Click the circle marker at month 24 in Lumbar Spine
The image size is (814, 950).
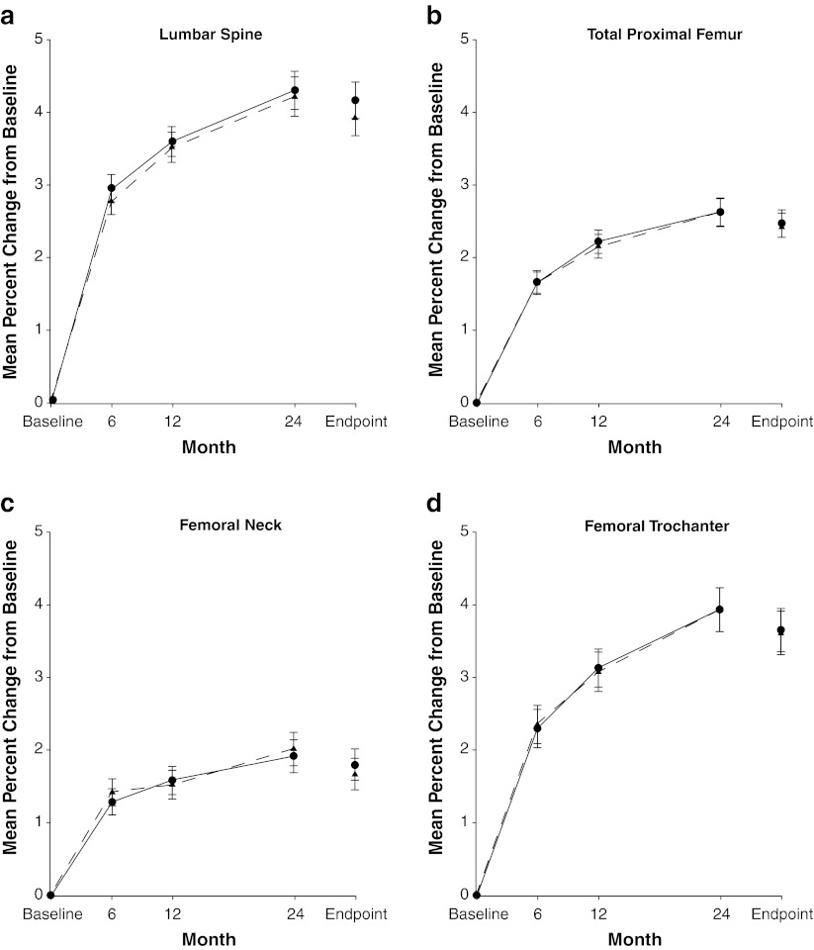click(295, 90)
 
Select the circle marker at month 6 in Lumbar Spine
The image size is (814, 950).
click(112, 188)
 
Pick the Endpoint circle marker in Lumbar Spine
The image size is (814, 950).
click(355, 100)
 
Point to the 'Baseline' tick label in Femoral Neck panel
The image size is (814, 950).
click(50, 911)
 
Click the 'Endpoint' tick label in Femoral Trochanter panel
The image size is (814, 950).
click(781, 911)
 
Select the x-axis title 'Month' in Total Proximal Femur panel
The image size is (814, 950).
click(634, 447)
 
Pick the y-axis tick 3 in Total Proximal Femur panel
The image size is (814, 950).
click(465, 185)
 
